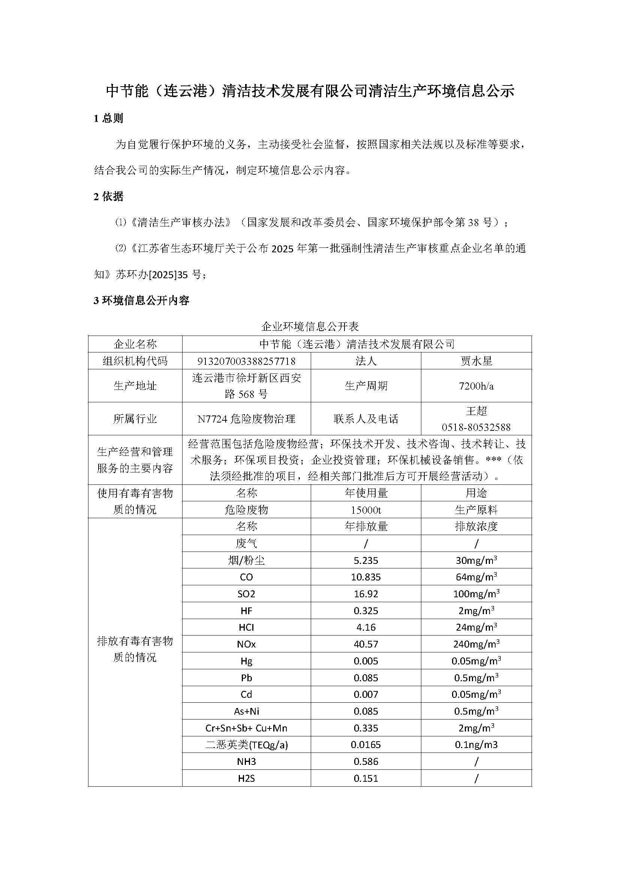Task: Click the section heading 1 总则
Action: pos(108,118)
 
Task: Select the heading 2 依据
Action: pos(108,197)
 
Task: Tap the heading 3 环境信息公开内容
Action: pos(141,301)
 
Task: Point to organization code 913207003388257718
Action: pos(246,361)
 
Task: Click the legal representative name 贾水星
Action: pos(476,361)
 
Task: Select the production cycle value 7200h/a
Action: pos(476,386)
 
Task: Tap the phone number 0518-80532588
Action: pos(476,427)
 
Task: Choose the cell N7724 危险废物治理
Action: pos(246,419)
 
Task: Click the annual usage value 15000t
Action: pos(366,510)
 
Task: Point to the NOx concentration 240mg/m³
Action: pos(476,645)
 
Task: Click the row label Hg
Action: pos(246,661)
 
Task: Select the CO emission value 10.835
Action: pos(366,577)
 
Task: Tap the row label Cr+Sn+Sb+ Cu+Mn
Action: pos(246,729)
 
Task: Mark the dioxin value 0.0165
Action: pos(366,745)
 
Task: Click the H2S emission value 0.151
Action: pos(366,778)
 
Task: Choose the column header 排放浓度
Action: pos(476,527)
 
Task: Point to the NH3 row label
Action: pos(246,762)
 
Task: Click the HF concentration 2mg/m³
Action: pos(476,611)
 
